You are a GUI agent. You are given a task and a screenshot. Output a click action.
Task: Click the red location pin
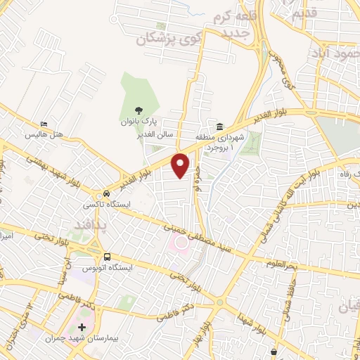(x=181, y=164)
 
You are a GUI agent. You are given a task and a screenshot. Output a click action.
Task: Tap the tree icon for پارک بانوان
(x=139, y=110)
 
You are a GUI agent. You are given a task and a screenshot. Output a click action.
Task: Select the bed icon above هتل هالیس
(x=44, y=124)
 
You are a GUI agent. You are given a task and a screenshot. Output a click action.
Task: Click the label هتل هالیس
(x=44, y=134)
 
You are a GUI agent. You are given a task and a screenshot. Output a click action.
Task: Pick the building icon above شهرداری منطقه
(x=219, y=127)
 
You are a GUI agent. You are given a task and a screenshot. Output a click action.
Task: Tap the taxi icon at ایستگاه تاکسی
(x=106, y=193)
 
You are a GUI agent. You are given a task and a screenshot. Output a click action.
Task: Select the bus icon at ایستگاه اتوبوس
(x=107, y=257)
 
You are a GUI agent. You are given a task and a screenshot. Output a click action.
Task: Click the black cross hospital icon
(x=82, y=328)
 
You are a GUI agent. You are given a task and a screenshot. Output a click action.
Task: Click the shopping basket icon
(x=273, y=352)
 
